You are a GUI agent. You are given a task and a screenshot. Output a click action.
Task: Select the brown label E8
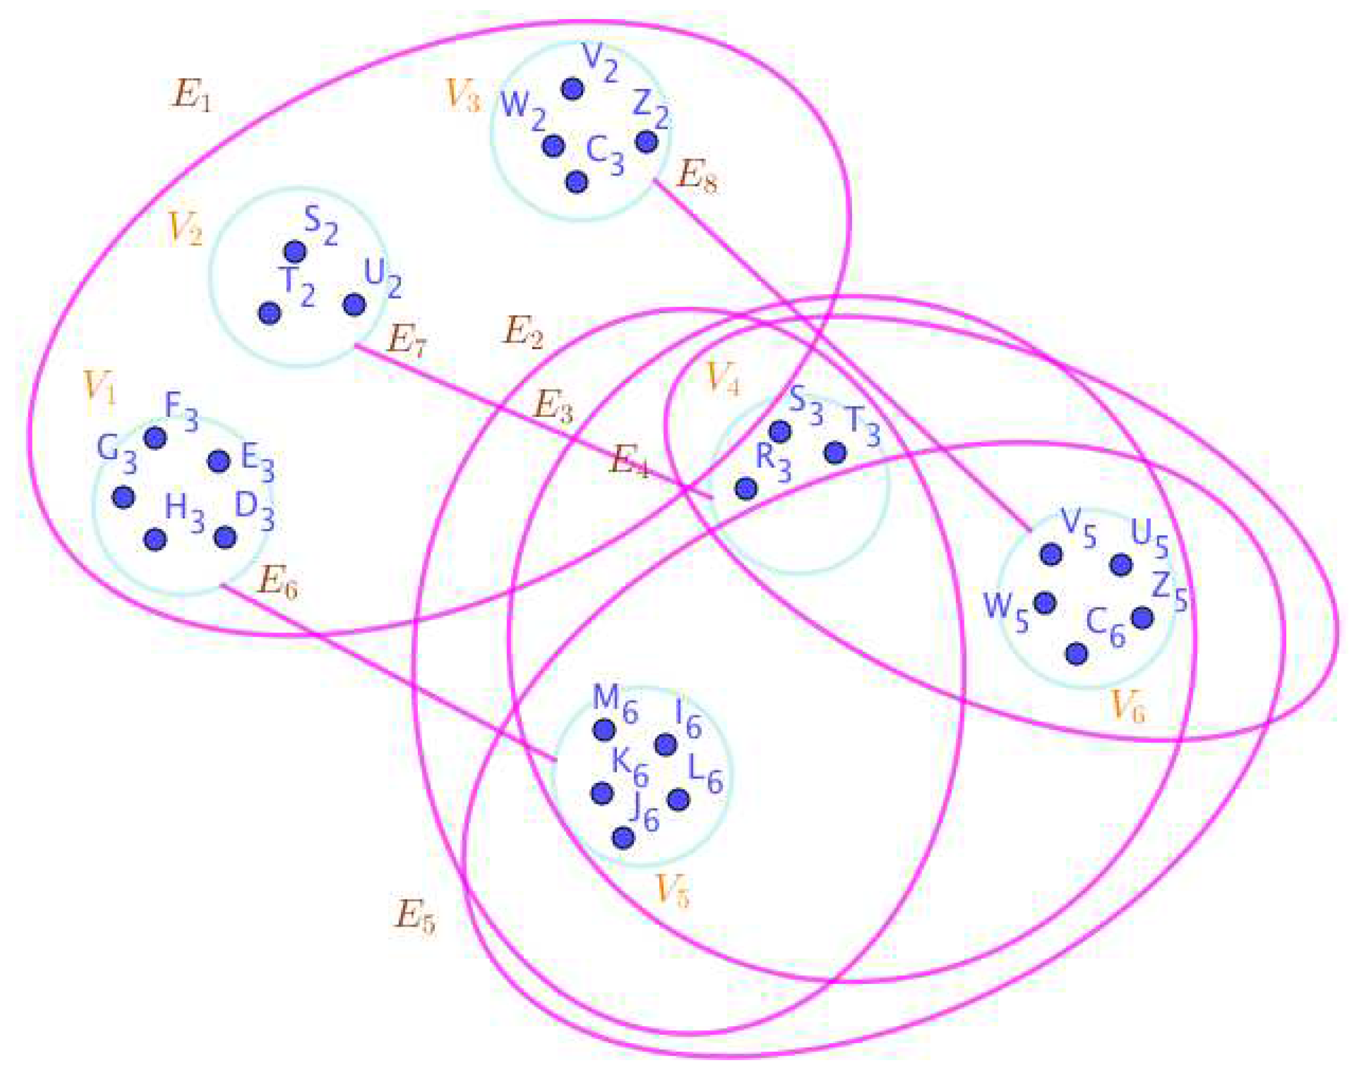click(696, 176)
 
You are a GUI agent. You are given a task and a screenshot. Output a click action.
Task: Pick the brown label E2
click(523, 332)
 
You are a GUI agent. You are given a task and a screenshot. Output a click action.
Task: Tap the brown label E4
click(629, 463)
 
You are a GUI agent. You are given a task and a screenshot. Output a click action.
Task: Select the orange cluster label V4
click(722, 379)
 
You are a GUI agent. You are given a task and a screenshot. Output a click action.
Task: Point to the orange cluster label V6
click(1128, 706)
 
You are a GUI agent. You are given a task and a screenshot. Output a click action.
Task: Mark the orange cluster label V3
click(462, 96)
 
